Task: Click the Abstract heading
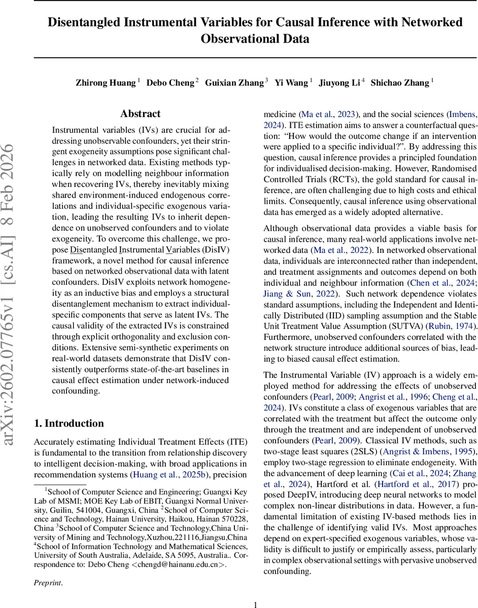coord(141,113)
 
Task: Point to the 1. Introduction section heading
coord(69,424)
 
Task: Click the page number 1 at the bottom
coord(256,604)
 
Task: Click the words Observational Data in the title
coord(255,39)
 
